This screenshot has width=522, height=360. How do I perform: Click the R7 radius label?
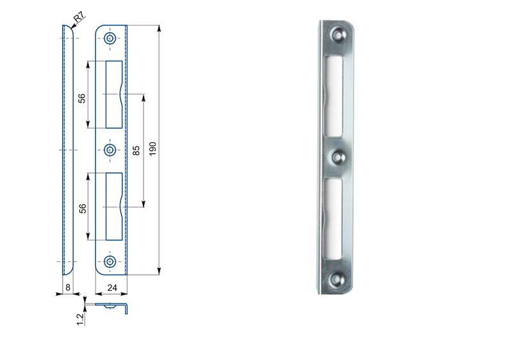79,17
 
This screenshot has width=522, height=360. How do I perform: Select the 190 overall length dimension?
152,149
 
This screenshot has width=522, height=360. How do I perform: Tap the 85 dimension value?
136,151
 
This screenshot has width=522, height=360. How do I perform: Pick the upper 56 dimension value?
81,98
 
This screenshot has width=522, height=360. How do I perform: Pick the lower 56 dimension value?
82,209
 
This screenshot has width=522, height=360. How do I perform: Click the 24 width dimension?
112,288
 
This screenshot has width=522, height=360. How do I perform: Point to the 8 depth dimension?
68,287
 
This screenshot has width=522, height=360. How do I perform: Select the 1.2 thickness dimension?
80,319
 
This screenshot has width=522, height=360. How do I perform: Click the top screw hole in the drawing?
110,38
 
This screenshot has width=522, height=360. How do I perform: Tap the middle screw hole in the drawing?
110,150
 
